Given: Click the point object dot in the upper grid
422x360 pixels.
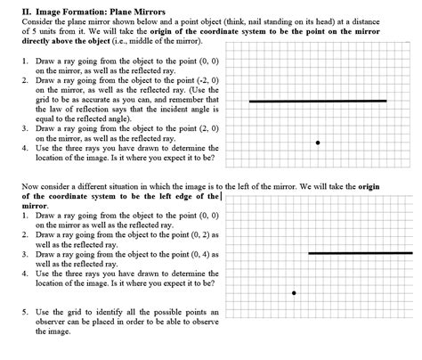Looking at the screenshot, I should (318, 143).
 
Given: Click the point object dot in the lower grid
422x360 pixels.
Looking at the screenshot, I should (294, 292).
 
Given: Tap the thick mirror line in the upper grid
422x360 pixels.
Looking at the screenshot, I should (318, 102).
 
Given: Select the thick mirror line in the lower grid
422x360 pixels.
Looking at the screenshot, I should (360, 253).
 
